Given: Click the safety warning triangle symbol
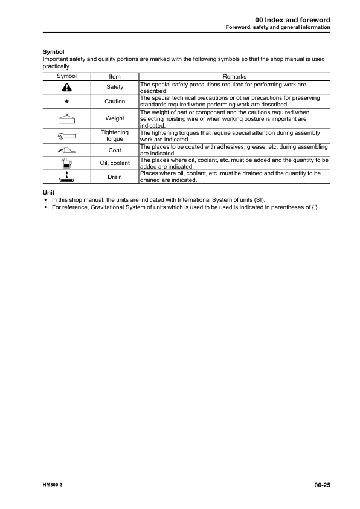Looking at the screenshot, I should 66,88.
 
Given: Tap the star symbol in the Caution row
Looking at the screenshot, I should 66,102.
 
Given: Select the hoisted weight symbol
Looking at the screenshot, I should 66,117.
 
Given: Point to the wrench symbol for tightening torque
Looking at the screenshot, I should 66,136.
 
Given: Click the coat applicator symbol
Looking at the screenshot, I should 66,150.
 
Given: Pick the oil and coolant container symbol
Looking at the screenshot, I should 66,163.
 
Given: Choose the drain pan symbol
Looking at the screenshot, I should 66,177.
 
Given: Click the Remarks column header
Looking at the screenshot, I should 234,77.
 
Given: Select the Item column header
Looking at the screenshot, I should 115,77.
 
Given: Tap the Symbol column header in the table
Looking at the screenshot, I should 66,77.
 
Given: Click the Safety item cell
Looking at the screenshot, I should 115,88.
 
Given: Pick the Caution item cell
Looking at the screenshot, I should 115,102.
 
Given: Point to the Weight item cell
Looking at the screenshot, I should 115,118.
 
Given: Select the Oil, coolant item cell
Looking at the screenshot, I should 115,163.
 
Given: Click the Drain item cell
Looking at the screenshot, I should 115,177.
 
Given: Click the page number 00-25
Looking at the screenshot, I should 322,485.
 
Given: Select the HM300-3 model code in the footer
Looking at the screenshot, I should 53,485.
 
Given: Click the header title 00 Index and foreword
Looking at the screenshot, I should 292,20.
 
